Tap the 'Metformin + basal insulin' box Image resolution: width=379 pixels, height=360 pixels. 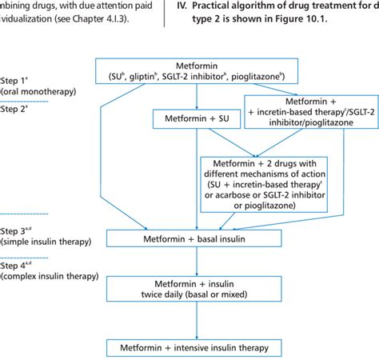click(x=197, y=238)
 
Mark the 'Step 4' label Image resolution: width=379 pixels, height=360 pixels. click(x=17, y=265)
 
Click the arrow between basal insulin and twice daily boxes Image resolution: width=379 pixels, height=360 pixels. click(x=197, y=262)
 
